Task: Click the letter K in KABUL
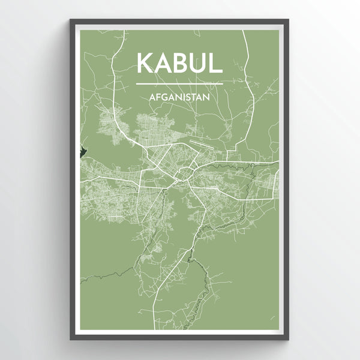click(145, 63)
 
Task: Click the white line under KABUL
click(180, 83)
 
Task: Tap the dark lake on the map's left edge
click(83, 146)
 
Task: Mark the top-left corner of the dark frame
click(71, 20)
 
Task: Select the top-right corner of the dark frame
click(289, 20)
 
